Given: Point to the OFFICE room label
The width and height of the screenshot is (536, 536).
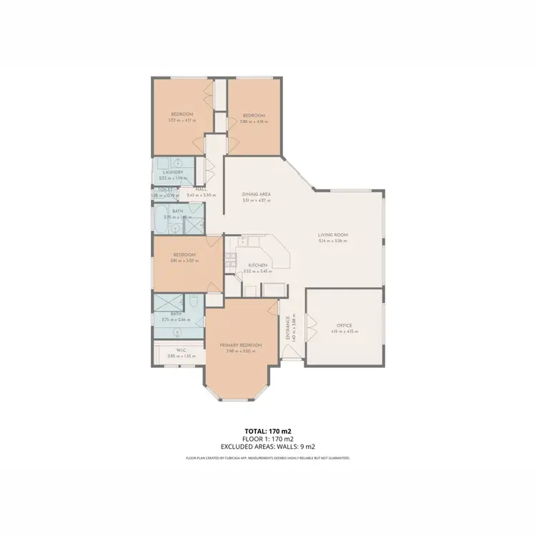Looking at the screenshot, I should (344, 325).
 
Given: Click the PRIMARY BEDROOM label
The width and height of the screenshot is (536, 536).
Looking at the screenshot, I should (240, 345).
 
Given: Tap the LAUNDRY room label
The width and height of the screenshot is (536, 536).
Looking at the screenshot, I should (173, 172).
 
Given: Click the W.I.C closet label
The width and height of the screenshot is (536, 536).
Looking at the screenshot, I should (172, 350).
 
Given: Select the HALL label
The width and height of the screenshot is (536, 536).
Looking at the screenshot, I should (202, 190).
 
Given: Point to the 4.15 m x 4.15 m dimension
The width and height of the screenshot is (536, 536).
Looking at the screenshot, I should (344, 332).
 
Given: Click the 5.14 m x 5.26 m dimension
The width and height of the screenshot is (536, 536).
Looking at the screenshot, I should (332, 241).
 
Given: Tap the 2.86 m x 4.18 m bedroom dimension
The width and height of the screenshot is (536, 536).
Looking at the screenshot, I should (253, 121).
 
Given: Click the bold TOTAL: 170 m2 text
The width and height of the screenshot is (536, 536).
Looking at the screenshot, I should (267, 432).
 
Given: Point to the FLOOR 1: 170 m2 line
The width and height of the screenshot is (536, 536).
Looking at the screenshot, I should (267, 439).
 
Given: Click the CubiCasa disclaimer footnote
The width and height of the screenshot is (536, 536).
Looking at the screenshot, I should (267, 457).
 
